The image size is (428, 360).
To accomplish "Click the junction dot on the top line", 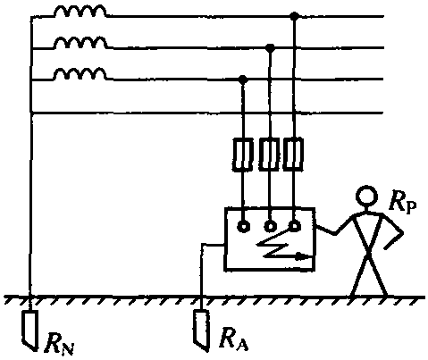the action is [294, 16].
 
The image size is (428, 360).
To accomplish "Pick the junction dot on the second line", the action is [270, 47].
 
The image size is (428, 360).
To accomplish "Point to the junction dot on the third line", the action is [243, 80].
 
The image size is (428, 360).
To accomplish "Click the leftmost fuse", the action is [242, 155].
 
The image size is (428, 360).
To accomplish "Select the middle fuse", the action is [269, 154].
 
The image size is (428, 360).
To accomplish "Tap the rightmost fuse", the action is [293, 154].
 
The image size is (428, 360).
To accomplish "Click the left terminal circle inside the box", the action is [243, 227].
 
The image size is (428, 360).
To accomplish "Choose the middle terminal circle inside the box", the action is [270, 227].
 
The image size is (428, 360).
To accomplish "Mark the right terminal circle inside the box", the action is [294, 226].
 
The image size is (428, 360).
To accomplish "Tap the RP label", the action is [402, 203].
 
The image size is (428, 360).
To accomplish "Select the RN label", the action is [59, 345].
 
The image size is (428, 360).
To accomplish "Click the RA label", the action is [233, 339].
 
